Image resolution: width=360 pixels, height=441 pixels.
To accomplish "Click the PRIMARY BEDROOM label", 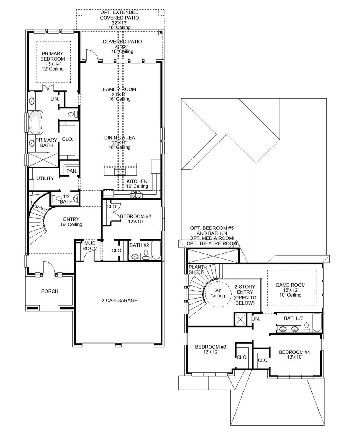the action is (53, 56).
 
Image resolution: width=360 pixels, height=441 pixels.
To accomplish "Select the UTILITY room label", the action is (45, 178).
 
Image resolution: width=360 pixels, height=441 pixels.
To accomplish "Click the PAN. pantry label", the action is (72, 171).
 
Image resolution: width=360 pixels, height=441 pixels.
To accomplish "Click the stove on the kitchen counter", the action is (136, 195).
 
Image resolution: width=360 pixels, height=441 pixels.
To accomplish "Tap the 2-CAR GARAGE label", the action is (120, 301).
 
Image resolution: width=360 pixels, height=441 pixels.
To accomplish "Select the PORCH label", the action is (50, 291).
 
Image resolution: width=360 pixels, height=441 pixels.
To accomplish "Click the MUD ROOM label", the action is (90, 246).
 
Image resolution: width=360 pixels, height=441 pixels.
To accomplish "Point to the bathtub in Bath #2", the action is (156, 250).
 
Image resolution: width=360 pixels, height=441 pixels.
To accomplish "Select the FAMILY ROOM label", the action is (120, 90).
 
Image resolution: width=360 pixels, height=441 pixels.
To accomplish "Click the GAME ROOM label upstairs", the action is (290, 285).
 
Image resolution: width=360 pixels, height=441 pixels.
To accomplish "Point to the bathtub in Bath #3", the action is (317, 323).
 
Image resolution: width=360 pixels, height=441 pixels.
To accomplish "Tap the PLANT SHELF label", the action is (196, 270).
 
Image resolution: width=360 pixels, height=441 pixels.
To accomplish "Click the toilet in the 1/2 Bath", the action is (53, 198).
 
